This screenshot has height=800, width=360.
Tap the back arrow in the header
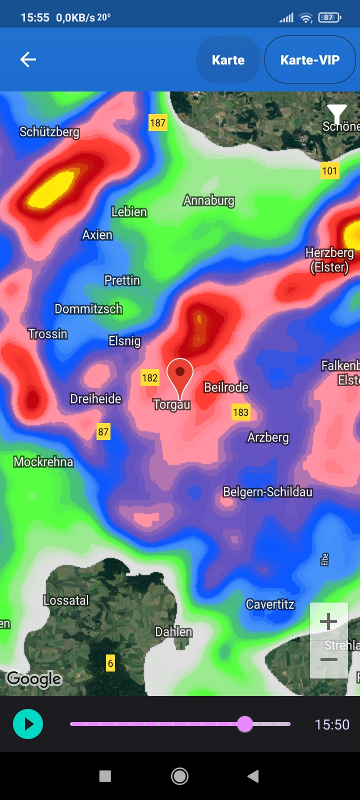(28, 60)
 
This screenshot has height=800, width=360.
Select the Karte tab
(228, 60)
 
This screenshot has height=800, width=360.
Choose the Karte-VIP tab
(310, 60)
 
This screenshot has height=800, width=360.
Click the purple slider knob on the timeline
(245, 723)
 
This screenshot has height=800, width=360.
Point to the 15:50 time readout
(332, 724)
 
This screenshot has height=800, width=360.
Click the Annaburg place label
(209, 200)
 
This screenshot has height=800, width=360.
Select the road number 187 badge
(157, 122)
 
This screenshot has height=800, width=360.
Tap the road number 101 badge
(329, 171)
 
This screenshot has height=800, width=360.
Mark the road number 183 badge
(240, 412)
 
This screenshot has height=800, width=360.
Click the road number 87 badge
(103, 432)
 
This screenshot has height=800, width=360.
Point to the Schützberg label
(49, 132)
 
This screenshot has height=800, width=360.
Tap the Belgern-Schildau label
(267, 492)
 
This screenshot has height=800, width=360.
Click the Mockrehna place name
(43, 461)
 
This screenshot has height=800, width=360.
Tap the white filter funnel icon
(337, 113)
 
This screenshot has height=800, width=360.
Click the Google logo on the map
(34, 679)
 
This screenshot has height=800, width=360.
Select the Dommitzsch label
(88, 309)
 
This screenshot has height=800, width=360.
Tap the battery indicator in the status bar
(329, 17)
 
